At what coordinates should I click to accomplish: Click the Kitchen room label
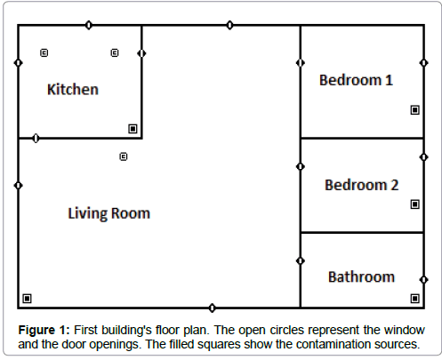pyautogui.click(x=73, y=89)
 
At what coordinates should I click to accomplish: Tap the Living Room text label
pyautogui.click(x=109, y=213)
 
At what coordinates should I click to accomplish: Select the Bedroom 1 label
pyautogui.click(x=356, y=80)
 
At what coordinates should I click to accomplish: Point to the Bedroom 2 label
pyautogui.click(x=361, y=185)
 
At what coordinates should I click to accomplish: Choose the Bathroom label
pyautogui.click(x=361, y=276)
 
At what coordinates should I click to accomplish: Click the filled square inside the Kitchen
pyautogui.click(x=133, y=129)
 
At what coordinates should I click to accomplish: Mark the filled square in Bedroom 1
pyautogui.click(x=414, y=110)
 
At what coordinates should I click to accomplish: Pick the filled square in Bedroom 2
pyautogui.click(x=414, y=204)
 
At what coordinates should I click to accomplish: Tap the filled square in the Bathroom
pyautogui.click(x=414, y=299)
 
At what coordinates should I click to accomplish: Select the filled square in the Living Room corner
pyautogui.click(x=27, y=299)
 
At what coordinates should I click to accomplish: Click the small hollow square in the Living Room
pyautogui.click(x=124, y=156)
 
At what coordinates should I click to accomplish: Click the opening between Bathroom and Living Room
pyautogui.click(x=301, y=260)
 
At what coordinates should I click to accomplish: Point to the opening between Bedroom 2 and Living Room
pyautogui.click(x=301, y=166)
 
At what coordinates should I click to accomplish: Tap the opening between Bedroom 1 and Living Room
pyautogui.click(x=301, y=63)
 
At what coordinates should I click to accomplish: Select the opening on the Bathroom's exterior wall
pyautogui.click(x=424, y=279)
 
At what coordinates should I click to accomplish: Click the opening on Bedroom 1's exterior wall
pyautogui.click(x=424, y=63)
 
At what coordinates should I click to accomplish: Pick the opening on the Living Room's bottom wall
pyautogui.click(x=212, y=308)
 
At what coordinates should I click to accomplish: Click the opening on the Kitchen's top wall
pyautogui.click(x=88, y=25)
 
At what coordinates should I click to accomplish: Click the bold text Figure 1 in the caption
pyautogui.click(x=44, y=330)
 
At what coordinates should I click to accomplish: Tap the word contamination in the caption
pyautogui.click(x=334, y=344)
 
